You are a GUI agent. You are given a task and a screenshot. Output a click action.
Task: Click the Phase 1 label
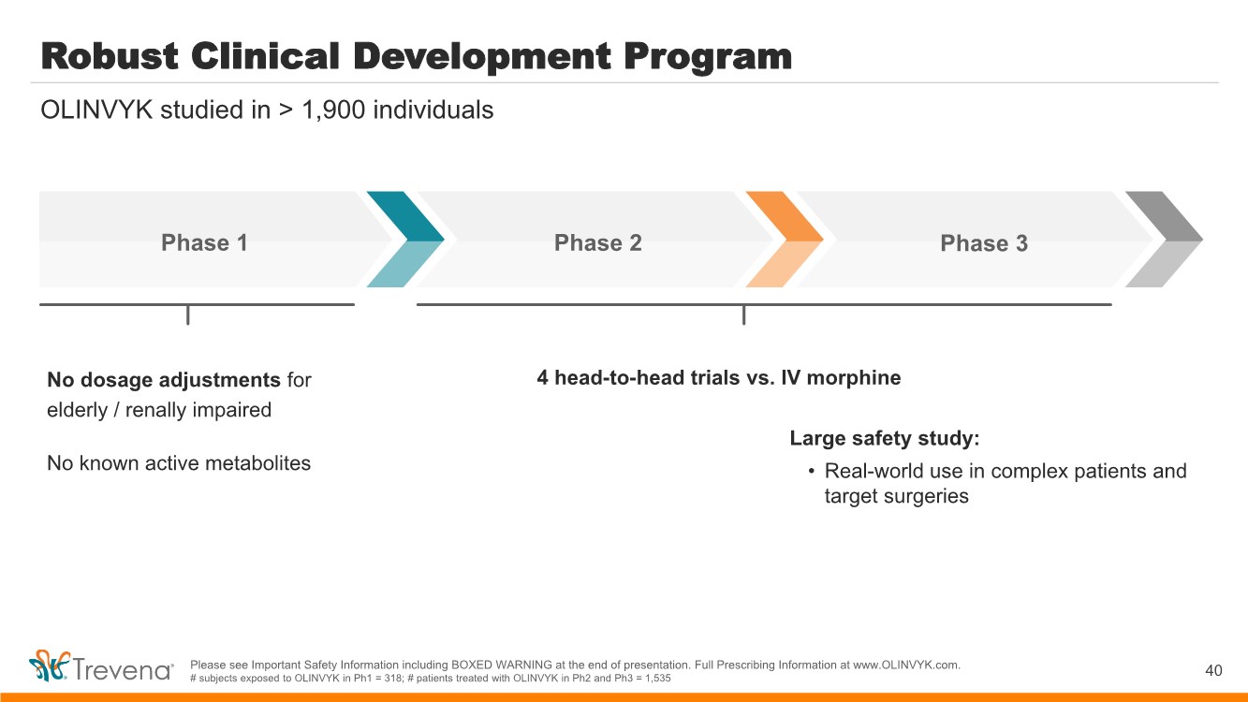pos(204,243)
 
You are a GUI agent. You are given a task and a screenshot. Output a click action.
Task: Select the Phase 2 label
pos(598,243)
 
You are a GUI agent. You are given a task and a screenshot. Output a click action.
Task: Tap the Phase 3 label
pos(984,243)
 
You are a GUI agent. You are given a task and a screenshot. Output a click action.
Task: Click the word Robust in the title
pos(110,56)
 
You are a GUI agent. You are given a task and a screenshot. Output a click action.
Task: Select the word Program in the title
pos(708,58)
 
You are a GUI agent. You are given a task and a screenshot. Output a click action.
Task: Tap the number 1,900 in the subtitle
pos(333,110)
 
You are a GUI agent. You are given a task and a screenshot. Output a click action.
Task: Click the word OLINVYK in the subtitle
pos(96,110)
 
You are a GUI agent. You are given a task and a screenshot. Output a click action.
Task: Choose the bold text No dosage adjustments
pos(164,380)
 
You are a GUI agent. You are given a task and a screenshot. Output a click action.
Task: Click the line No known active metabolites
pos(179,463)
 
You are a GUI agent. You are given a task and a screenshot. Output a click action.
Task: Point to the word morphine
pos(854,378)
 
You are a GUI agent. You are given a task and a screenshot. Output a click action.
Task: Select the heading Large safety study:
pos(884,438)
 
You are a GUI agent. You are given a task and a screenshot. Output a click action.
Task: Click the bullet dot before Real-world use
pos(811,472)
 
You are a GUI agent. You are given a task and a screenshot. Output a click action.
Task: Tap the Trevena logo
pos(101,666)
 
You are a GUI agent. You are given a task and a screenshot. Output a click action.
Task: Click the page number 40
pos(1213,670)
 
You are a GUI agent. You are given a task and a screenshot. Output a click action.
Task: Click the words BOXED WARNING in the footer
pos(502,665)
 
